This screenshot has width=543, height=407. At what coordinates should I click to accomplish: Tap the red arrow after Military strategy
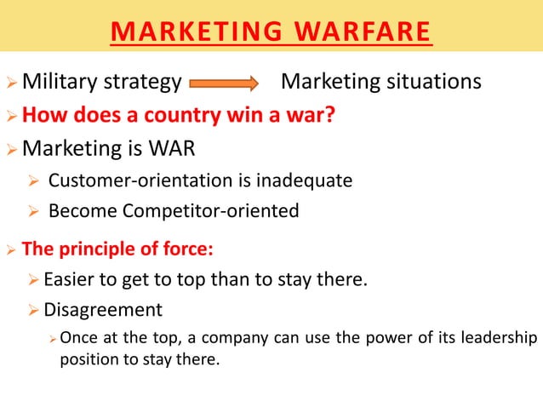[223, 83]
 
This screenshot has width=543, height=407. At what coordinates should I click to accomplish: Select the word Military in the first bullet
[60, 82]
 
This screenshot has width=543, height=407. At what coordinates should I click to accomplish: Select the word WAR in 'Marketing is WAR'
[172, 148]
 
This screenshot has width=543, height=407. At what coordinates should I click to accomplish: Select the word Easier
[71, 278]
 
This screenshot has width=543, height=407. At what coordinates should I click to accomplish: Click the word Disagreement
[102, 308]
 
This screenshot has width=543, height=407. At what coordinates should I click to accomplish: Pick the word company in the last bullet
[224, 336]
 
